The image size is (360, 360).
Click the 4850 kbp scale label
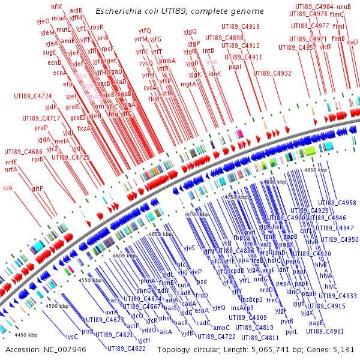(316, 170)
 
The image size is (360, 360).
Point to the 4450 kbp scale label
(25, 335)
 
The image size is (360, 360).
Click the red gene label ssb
(8, 188)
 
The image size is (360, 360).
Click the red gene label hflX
(56, 7)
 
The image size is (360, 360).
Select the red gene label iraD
(352, 42)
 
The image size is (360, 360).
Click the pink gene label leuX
(211, 62)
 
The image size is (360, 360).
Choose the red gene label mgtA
(188, 85)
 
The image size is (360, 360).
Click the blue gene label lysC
(72, 337)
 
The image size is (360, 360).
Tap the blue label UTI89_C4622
(127, 348)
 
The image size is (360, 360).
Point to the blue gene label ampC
(221, 328)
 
